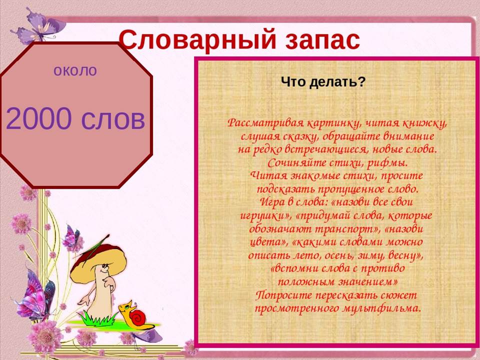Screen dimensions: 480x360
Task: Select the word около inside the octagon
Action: (75, 70)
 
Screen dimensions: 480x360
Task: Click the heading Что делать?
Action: (323, 81)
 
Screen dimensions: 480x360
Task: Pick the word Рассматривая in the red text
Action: (265, 123)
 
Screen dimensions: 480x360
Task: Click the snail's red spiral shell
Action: (138, 317)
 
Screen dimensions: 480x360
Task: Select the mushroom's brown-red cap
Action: (98, 260)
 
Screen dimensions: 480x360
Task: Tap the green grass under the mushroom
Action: (97, 319)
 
